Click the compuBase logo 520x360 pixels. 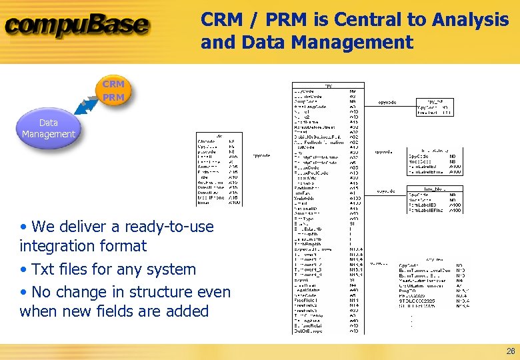point(77,26)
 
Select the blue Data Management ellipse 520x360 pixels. point(49,129)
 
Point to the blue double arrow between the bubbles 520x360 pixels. point(88,107)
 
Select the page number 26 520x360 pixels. point(510,351)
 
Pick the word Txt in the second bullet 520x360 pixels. point(44,269)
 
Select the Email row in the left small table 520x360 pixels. point(204,203)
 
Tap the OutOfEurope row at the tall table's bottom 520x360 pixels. point(309,330)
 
